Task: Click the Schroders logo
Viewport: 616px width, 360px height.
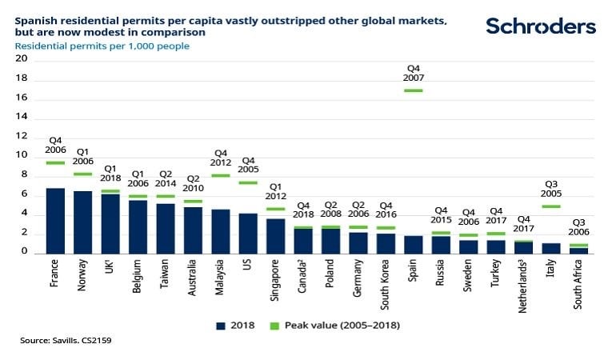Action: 541,26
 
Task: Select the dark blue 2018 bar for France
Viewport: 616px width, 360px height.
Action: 55,221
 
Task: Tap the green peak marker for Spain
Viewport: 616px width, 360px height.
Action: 414,90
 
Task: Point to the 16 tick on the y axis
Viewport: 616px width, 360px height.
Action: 22,98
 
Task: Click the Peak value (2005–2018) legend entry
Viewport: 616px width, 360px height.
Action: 336,325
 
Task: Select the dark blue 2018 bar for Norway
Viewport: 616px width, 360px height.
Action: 83,222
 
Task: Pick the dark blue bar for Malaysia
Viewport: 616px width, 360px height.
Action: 221,231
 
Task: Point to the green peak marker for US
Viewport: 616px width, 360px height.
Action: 248,182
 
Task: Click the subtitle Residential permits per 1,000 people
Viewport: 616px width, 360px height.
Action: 102,46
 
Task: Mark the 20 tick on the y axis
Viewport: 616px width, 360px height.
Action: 22,58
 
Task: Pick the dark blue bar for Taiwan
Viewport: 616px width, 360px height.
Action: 166,228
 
